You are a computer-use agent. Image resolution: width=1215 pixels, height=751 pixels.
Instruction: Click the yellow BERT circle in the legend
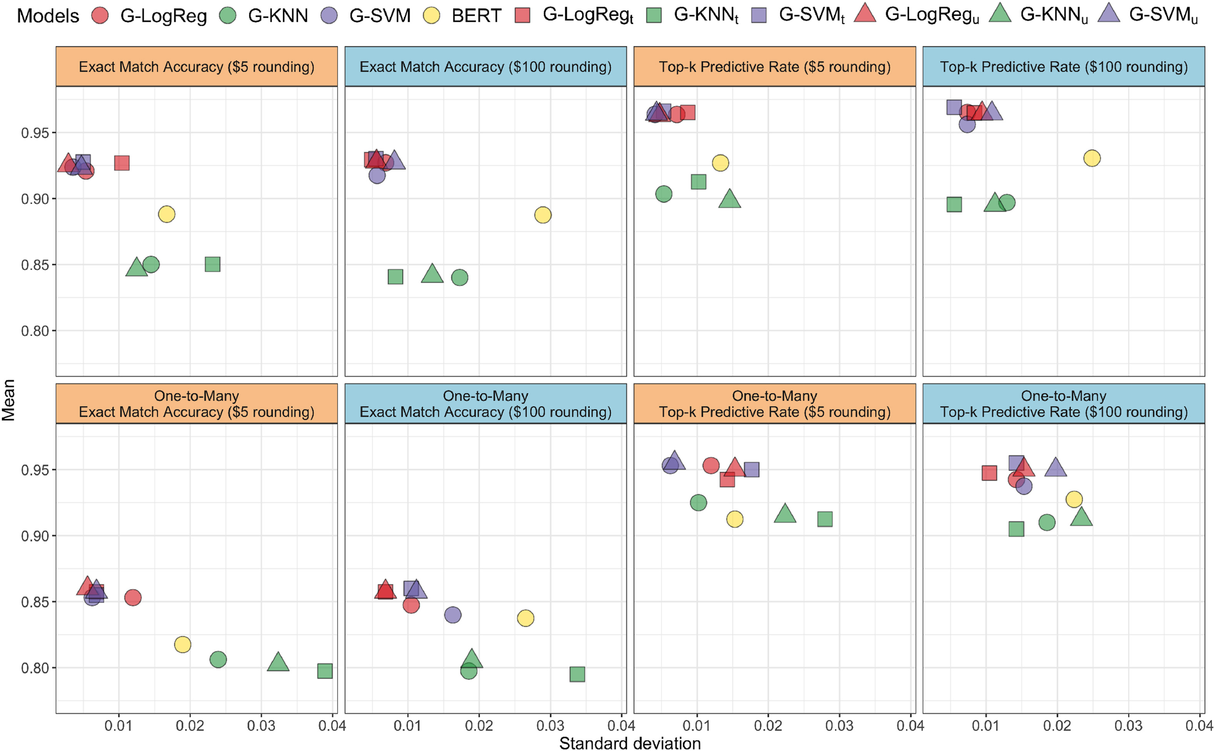(432, 16)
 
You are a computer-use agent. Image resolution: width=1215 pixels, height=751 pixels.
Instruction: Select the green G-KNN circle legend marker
(228, 16)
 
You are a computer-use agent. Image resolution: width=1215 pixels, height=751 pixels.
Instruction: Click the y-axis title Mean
(8, 400)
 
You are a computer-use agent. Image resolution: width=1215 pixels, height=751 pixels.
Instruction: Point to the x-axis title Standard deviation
(630, 743)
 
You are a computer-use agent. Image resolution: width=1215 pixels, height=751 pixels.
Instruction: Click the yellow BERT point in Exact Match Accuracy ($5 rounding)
(167, 215)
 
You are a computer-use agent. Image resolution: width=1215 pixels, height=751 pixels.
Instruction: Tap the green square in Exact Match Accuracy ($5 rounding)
(213, 264)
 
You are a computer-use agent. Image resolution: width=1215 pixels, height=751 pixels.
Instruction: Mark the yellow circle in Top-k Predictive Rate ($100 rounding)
(1092, 158)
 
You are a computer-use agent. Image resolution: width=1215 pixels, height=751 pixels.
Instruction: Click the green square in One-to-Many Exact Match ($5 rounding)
(325, 671)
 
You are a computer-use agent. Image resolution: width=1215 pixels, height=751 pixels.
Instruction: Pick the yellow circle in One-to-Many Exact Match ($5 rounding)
(183, 645)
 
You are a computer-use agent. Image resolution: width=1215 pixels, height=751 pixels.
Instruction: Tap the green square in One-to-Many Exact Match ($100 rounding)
(577, 674)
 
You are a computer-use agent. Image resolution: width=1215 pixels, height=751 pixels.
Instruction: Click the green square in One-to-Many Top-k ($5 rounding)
(825, 520)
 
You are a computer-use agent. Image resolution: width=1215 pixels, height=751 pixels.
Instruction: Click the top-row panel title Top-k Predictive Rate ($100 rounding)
(1063, 67)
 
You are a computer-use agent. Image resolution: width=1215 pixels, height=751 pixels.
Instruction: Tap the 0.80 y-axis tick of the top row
(35, 331)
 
